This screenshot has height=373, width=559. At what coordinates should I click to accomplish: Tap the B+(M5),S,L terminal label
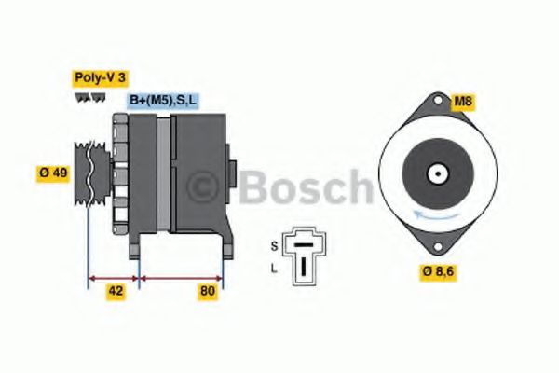point(161,101)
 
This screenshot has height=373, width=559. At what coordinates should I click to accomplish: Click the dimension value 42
point(116,291)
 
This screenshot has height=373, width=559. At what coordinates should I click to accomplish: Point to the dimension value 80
point(207,291)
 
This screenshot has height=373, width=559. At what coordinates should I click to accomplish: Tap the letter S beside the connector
point(273,245)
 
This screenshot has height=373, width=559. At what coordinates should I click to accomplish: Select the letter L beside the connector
point(273,268)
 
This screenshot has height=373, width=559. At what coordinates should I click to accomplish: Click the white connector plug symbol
point(302,253)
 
